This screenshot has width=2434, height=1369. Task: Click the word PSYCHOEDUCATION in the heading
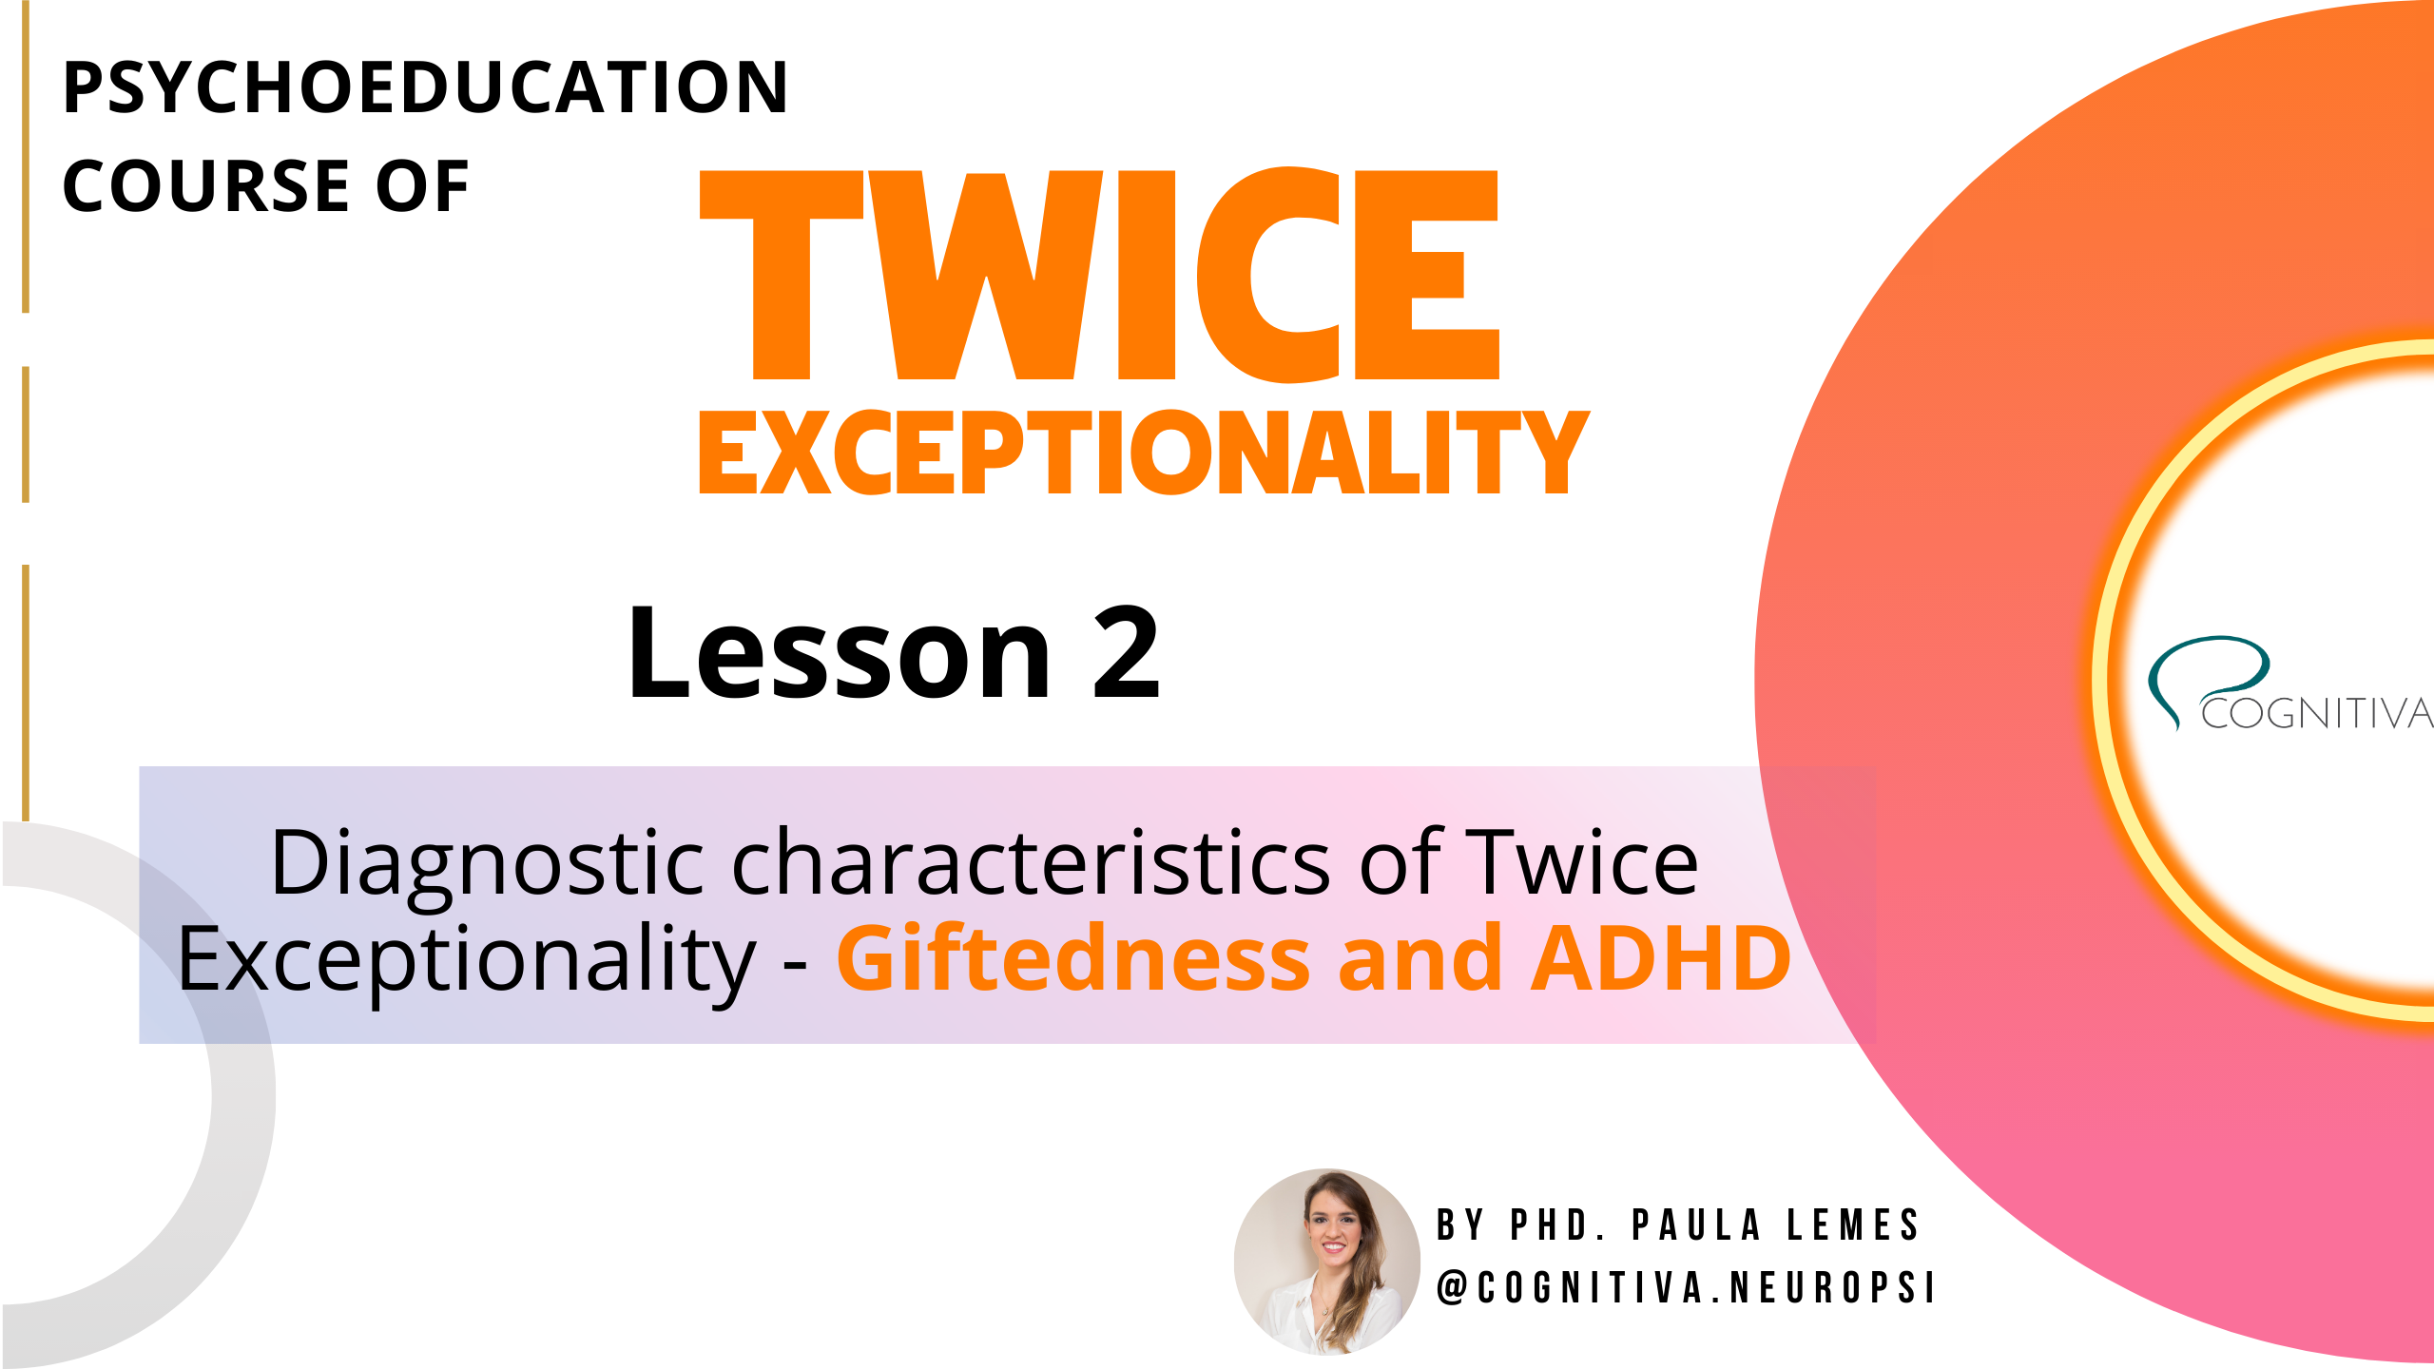425,87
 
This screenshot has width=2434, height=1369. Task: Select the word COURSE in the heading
206,186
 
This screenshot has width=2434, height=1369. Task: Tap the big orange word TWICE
1098,276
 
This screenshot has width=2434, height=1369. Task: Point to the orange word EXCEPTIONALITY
1144,453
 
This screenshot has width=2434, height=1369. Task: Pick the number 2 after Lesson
1127,654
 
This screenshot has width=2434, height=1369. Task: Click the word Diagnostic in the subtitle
487,863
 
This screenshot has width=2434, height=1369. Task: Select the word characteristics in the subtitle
1032,863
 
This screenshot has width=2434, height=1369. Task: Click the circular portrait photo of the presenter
1327,1261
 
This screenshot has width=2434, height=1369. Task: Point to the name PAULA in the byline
1698,1225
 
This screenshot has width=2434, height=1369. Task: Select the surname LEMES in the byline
1854,1225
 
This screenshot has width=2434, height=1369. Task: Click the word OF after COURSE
422,186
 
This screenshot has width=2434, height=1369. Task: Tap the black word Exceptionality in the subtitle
466,960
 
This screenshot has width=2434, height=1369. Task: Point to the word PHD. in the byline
1559,1225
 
